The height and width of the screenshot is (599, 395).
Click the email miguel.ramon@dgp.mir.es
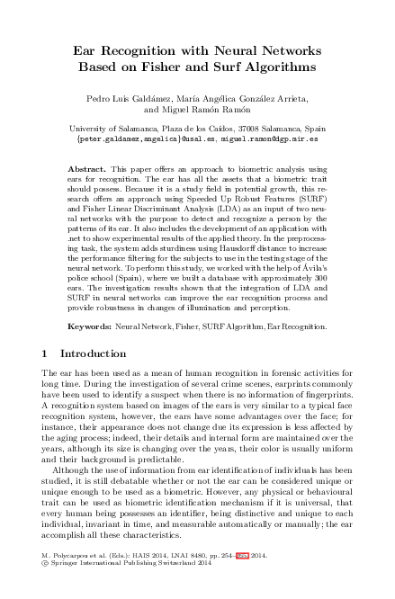pos(278,140)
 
